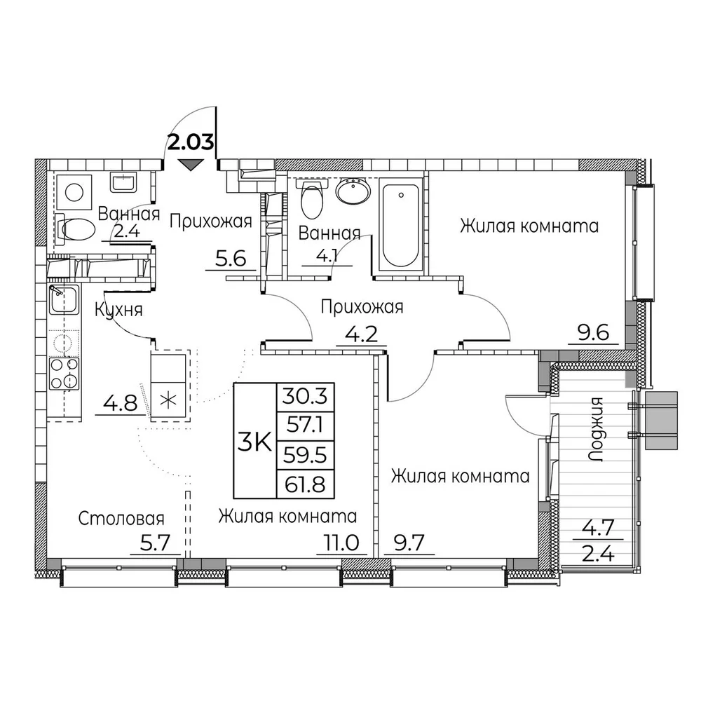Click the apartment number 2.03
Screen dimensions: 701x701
pos(191,142)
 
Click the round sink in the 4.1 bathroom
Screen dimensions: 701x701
pos(353,191)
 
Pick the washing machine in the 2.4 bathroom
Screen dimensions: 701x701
pos(74,193)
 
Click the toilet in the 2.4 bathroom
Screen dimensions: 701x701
pos(76,229)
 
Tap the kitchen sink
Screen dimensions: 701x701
pos(64,299)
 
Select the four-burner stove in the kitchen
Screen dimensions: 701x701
pos(64,374)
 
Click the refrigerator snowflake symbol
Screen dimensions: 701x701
pos(168,400)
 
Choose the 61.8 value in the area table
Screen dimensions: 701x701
pos(306,484)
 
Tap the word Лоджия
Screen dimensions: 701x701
pos(597,430)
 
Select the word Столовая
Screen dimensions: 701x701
pos(121,519)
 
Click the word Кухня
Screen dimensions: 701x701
pos(118,310)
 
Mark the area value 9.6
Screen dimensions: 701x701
pos(593,333)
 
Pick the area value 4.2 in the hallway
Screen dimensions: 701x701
pos(362,334)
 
